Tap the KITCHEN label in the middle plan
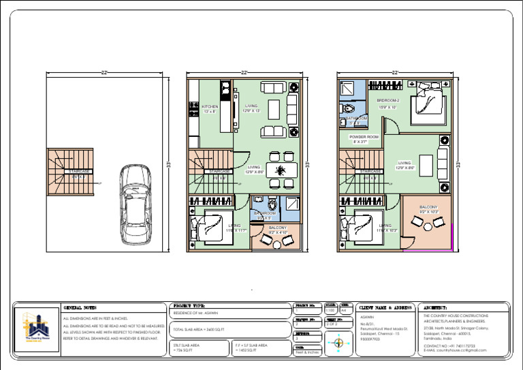click(x=210, y=107)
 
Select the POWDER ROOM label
click(x=364, y=138)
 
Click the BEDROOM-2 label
click(x=388, y=101)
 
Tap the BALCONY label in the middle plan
click(x=277, y=228)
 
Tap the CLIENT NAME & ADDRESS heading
click(x=385, y=308)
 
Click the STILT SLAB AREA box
click(x=199, y=347)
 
